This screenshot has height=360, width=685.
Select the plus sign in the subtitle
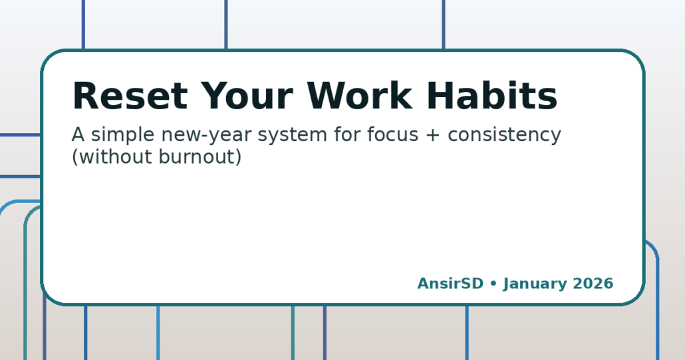pos(434,136)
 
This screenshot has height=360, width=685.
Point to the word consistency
pos(505,135)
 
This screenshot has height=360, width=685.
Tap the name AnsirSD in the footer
pos(450,283)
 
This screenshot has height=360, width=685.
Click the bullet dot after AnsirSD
pos(493,284)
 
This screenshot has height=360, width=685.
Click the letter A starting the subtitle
pos(78,135)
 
